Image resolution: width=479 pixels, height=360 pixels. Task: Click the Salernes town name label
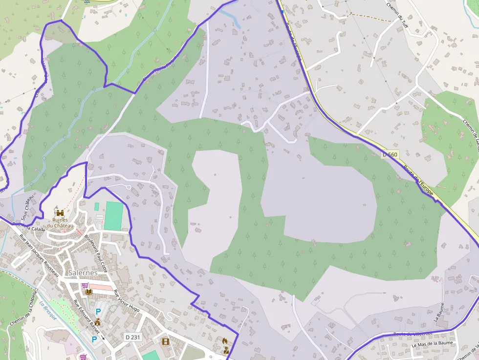coord(83,272)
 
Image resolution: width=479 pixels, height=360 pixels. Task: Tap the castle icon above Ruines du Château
coord(60,213)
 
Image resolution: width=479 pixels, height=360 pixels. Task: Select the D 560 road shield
coord(390,154)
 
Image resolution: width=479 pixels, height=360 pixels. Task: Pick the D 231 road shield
coord(132,337)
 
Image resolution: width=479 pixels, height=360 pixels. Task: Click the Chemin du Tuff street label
coord(396,13)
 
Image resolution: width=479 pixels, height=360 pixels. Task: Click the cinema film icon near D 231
coord(165,341)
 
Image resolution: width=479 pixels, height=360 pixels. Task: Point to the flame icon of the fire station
coord(225,340)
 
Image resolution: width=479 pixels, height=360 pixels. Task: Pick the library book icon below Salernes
coord(88,292)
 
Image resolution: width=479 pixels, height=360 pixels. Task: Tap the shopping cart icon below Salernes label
coord(85,285)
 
